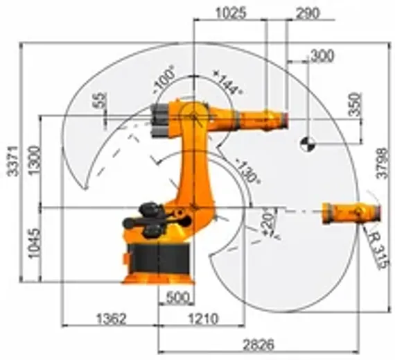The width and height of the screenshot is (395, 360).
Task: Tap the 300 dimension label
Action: (322, 56)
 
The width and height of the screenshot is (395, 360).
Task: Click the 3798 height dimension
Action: (382, 164)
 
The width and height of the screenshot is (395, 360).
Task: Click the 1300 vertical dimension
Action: (34, 162)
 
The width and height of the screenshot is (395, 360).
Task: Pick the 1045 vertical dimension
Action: (34, 244)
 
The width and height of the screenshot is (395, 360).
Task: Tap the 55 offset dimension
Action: (102, 101)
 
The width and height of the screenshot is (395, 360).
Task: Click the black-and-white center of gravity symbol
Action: (307, 144)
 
